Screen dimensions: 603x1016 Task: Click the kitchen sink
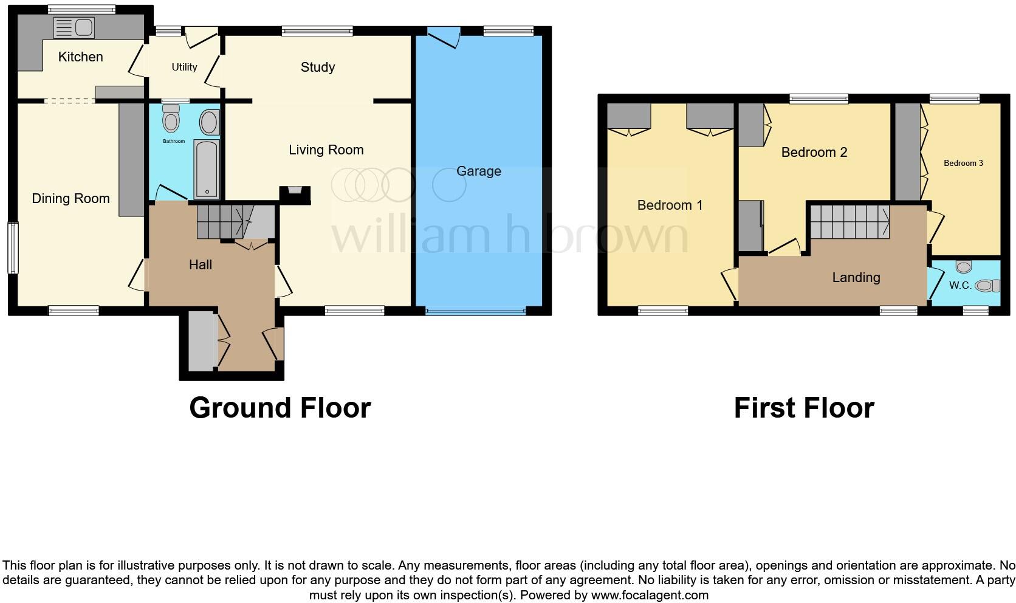click(x=73, y=27)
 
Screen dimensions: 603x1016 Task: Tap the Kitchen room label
click(x=80, y=57)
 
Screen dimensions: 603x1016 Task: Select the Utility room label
click(x=184, y=67)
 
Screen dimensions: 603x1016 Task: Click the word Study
click(x=318, y=67)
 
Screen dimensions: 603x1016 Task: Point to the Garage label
click(x=479, y=171)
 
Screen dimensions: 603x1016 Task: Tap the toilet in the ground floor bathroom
click(x=171, y=119)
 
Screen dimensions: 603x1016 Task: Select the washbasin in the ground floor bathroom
click(x=209, y=122)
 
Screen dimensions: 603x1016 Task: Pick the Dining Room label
click(x=70, y=198)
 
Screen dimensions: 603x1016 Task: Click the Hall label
click(x=201, y=264)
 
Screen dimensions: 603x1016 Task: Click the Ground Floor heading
click(x=280, y=407)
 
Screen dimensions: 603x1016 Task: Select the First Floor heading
click(x=804, y=407)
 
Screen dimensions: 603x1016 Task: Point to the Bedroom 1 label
click(x=670, y=205)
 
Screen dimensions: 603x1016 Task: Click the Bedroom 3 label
click(x=963, y=163)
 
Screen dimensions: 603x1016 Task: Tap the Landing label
click(x=856, y=278)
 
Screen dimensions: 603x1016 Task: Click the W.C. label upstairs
click(x=960, y=285)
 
